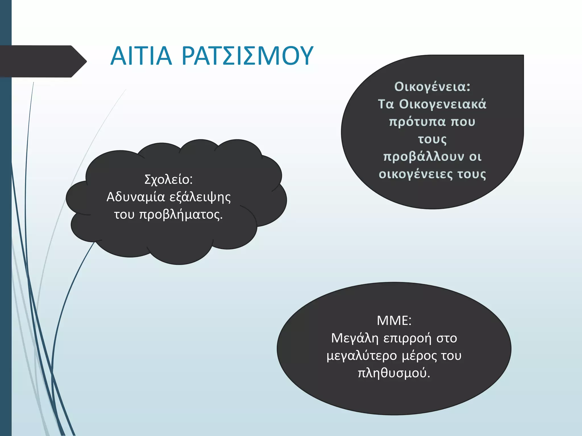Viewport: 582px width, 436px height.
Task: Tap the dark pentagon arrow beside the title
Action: [x=43, y=61]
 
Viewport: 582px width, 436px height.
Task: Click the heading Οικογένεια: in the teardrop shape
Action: [x=432, y=87]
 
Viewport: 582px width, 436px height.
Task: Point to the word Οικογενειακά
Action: [x=442, y=104]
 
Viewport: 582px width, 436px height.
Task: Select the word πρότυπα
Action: [x=417, y=122]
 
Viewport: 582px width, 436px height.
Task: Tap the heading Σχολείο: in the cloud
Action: [x=169, y=179]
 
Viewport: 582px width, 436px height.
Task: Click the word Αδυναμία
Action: [x=136, y=197]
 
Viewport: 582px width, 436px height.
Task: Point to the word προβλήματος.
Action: [x=181, y=215]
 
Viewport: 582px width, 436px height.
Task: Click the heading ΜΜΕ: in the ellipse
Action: [x=394, y=321]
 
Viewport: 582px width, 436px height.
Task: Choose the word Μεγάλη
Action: [x=355, y=338]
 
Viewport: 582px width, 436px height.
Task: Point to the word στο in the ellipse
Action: [x=447, y=338]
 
